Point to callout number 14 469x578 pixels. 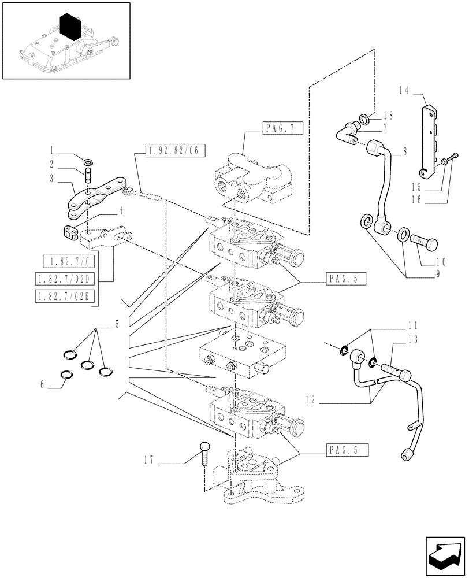coord(403,90)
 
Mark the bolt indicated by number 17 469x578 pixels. coord(204,452)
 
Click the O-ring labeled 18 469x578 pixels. coord(365,120)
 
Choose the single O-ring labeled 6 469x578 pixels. coord(67,375)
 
